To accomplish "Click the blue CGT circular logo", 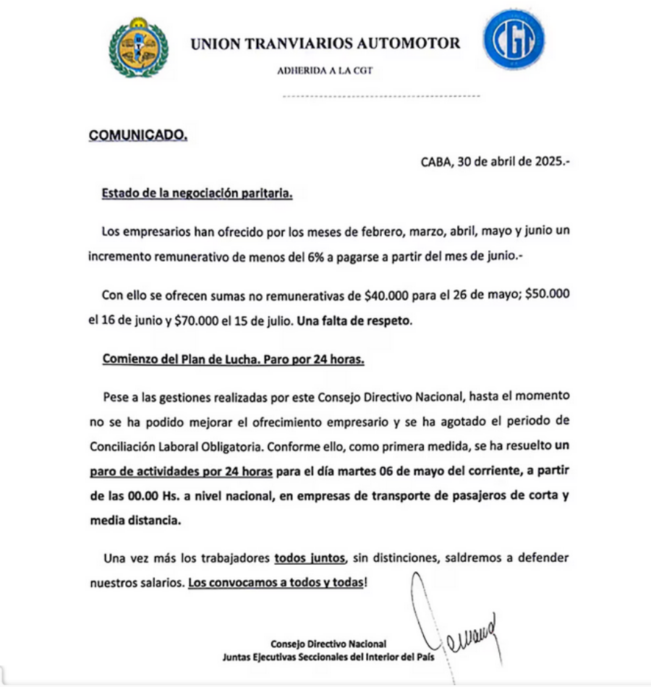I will pyautogui.click(x=514, y=40).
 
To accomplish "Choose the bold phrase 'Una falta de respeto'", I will pyautogui.click(x=354, y=320).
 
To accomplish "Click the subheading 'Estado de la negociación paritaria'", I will pyautogui.click(x=197, y=194).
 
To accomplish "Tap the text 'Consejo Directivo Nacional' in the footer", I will pyautogui.click(x=328, y=643).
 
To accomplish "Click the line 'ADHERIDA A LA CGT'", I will pyautogui.click(x=325, y=71).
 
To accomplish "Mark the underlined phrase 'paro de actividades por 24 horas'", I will pyautogui.click(x=181, y=472).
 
